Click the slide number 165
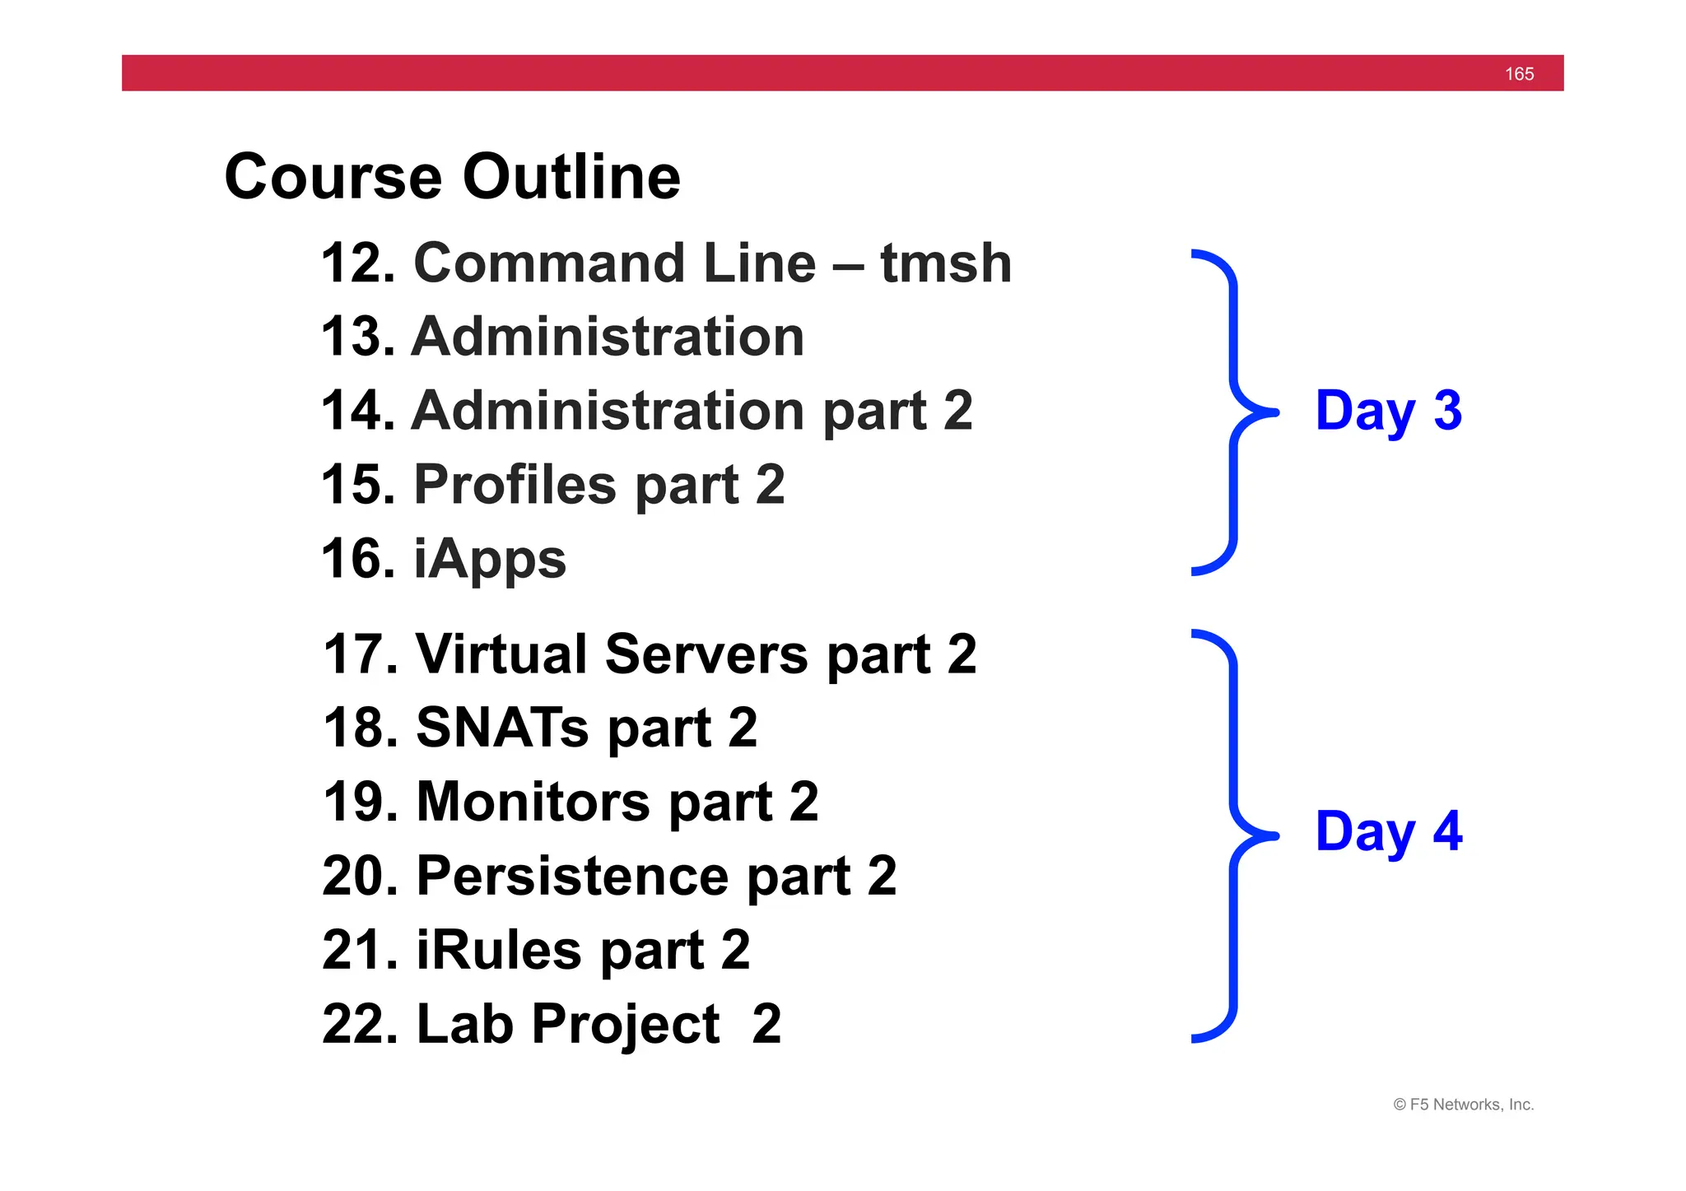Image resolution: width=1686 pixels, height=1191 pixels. click(x=1519, y=74)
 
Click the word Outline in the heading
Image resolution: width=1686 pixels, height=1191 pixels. click(x=571, y=177)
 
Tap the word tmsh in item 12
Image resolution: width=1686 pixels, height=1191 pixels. click(x=946, y=263)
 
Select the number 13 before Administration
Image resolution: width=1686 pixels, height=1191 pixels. click(x=358, y=337)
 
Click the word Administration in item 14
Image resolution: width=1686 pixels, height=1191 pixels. click(x=608, y=411)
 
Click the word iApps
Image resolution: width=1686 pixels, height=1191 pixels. click(x=490, y=560)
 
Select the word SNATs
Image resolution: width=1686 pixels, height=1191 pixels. click(x=502, y=728)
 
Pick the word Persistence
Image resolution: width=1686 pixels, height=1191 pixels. click(x=572, y=876)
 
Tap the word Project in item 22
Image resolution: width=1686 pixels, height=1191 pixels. click(x=626, y=1024)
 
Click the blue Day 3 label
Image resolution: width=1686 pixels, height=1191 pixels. click(x=1388, y=411)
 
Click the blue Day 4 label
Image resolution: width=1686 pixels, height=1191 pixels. click(x=1388, y=831)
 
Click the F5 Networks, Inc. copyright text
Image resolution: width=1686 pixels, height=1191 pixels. click(x=1463, y=1105)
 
